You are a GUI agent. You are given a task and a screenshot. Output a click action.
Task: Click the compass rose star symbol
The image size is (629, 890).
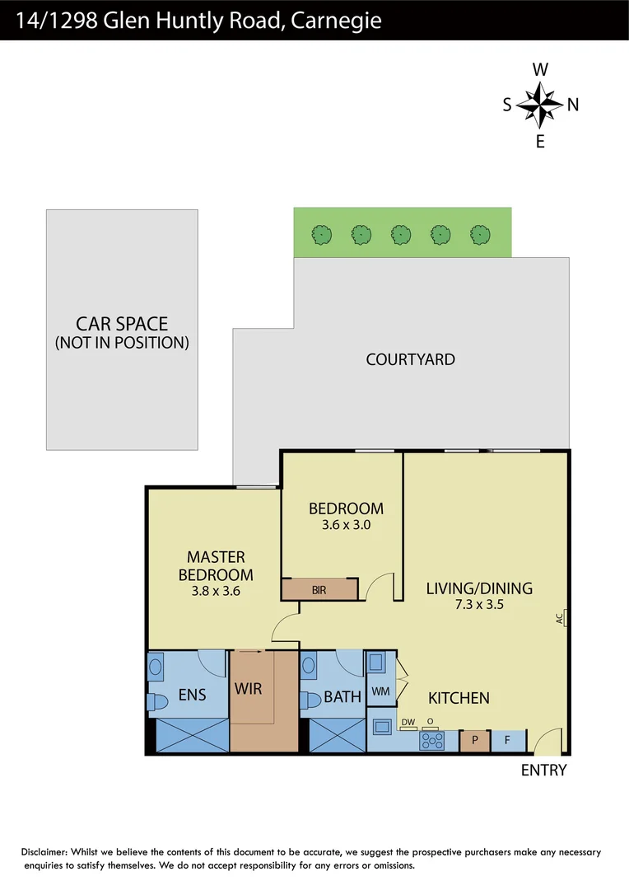pyautogui.click(x=540, y=104)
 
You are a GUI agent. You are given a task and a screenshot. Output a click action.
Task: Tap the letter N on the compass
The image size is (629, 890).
pyautogui.click(x=573, y=105)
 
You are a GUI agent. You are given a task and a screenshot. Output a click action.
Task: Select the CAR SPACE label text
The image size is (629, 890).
pyautogui.click(x=122, y=324)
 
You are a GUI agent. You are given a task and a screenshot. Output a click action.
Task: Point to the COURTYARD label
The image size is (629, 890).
pyautogui.click(x=410, y=359)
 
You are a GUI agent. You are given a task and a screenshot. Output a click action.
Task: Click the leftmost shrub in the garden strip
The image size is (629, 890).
pyautogui.click(x=322, y=235)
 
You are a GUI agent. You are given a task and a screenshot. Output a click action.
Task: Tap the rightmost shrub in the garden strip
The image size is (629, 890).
pyautogui.click(x=480, y=235)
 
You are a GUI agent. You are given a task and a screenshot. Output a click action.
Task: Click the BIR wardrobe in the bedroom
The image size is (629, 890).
pyautogui.click(x=320, y=590)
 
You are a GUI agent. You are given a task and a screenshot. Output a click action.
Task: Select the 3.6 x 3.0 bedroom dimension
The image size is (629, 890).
pyautogui.click(x=346, y=524)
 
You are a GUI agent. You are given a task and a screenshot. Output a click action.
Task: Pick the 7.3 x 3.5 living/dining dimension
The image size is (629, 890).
pyautogui.click(x=478, y=604)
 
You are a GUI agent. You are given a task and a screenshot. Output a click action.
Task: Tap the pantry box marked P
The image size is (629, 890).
pyautogui.click(x=475, y=740)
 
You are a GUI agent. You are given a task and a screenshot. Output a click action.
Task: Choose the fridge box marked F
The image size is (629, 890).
pyautogui.click(x=508, y=740)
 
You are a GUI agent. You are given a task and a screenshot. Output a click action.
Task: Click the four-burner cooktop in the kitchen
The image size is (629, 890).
pyautogui.click(x=432, y=741)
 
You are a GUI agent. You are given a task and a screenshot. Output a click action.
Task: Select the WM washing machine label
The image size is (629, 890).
pyautogui.click(x=380, y=691)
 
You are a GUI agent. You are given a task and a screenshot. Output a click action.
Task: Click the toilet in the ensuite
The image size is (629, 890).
pyautogui.click(x=154, y=701)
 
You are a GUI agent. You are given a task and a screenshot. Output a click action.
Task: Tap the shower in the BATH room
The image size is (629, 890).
pyautogui.click(x=337, y=735)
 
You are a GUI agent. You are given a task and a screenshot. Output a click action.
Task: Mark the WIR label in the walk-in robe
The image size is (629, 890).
pyautogui.click(x=248, y=687)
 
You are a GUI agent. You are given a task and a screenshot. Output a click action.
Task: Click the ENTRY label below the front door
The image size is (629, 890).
pyautogui.click(x=544, y=771)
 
